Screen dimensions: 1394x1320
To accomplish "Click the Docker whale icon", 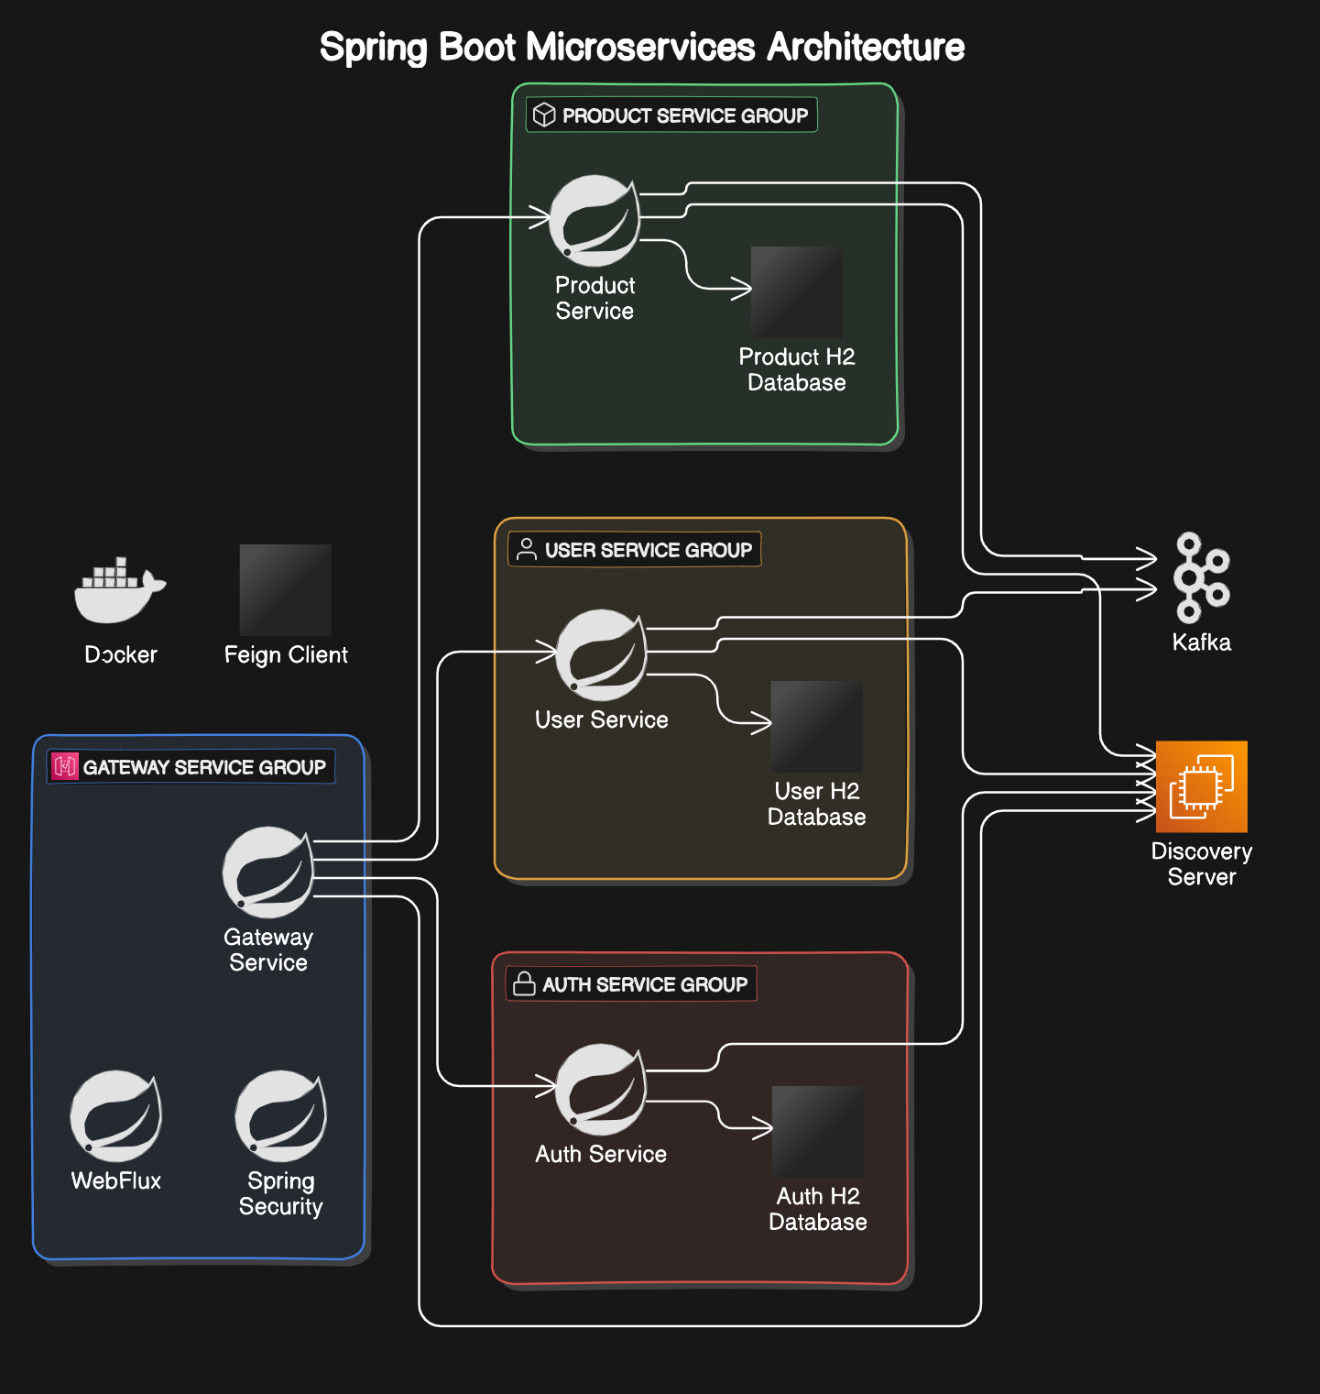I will [119, 591].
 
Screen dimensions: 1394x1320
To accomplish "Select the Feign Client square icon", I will [285, 590].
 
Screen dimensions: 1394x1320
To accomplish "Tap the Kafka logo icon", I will [1201, 577].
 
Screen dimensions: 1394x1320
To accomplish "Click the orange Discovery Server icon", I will [1201, 786].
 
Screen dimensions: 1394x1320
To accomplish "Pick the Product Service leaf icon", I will [595, 221].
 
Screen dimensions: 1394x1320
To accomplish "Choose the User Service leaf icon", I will [601, 655].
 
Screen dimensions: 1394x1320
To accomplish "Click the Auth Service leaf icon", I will [601, 1090].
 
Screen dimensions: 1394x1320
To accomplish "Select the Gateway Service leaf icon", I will [267, 873].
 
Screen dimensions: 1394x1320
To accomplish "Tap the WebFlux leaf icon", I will [116, 1116].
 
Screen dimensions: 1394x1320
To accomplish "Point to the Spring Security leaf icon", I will [280, 1116].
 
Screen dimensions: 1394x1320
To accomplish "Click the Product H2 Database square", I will [796, 291].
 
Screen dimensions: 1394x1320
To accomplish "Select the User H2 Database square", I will [816, 726].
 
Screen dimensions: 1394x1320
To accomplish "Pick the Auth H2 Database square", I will [817, 1131].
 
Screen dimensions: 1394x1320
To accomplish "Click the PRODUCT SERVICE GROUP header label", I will [684, 115].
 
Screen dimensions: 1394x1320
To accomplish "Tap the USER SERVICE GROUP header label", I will [648, 550].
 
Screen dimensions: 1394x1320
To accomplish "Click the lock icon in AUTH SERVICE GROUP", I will [524, 983].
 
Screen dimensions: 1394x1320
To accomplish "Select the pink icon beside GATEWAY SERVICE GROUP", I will [65, 766].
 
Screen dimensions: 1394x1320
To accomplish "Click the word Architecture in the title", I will [865, 47].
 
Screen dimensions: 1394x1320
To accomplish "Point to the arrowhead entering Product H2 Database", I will [745, 289].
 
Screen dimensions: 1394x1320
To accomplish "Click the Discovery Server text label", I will [1201, 863].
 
